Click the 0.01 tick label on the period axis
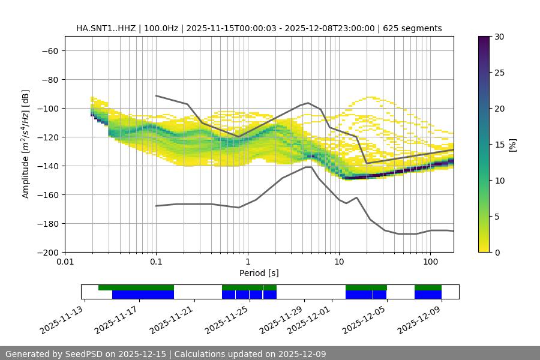click(x=65, y=262)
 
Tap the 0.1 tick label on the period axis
click(x=156, y=262)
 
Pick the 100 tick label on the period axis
click(x=430, y=262)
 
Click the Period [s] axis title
click(x=259, y=273)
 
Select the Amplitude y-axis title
click(x=25, y=144)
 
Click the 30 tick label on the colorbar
click(x=499, y=37)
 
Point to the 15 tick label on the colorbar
click(x=499, y=145)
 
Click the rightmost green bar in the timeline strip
click(x=428, y=287)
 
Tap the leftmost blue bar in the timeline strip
click(x=143, y=295)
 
